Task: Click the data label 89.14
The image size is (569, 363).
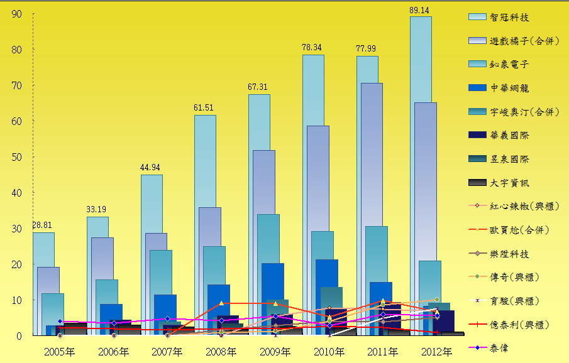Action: [420, 10]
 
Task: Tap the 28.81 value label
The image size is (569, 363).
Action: [43, 226]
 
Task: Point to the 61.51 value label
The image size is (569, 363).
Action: [204, 108]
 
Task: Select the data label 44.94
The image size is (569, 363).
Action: [151, 168]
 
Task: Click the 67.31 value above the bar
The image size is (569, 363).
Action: [258, 87]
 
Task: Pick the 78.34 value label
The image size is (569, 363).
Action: [312, 48]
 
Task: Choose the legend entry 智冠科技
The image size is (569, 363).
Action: [509, 17]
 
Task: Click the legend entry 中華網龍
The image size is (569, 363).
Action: [509, 88]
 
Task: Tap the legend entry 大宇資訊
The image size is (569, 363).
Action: [509, 183]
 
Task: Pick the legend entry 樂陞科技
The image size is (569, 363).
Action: [509, 254]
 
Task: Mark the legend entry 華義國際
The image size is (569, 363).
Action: [509, 134]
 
